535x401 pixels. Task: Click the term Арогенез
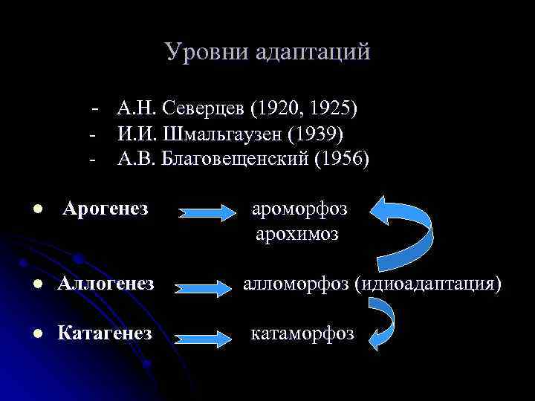coord(106,209)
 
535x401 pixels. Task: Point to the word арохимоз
coord(296,234)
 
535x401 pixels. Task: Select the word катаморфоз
coord(302,333)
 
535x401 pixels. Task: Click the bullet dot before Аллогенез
coord(35,284)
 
